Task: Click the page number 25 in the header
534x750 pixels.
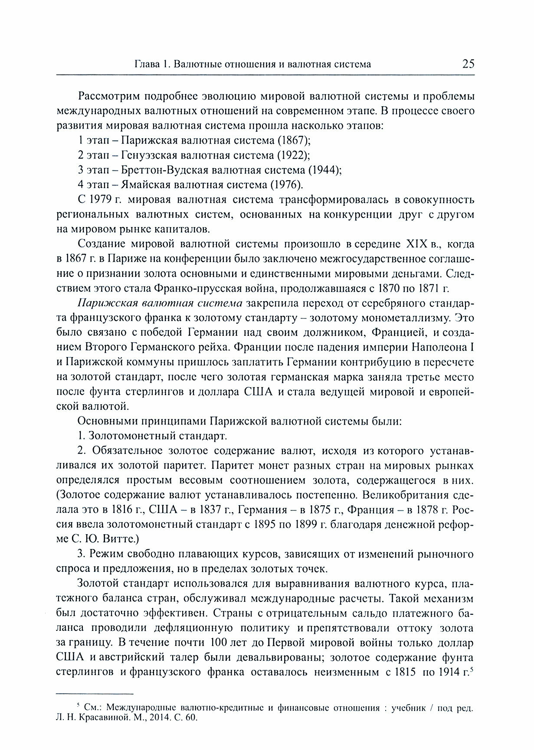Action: pos(468,64)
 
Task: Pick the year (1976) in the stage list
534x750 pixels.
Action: pos(286,185)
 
